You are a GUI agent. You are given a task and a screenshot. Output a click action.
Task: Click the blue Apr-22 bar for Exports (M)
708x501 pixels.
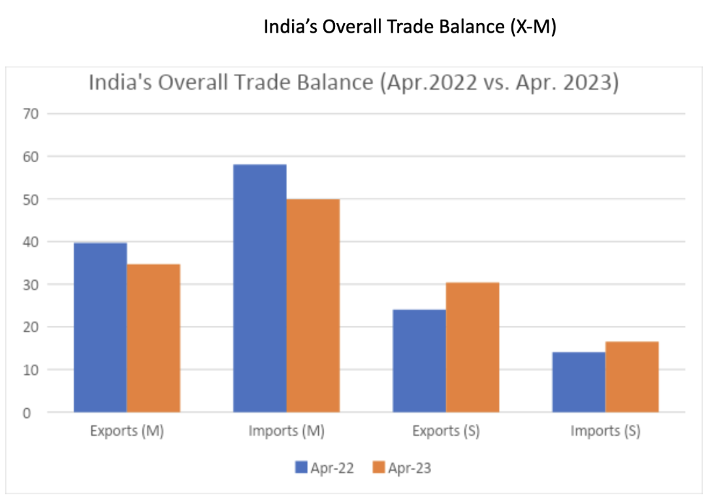[100, 327]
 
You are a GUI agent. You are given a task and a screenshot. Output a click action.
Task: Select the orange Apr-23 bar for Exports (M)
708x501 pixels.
[153, 338]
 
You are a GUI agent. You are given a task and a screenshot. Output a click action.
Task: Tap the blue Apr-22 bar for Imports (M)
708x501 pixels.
[260, 288]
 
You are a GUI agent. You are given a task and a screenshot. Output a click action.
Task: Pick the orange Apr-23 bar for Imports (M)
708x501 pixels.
[313, 305]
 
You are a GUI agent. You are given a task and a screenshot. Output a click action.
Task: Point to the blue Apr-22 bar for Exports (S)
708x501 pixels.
[419, 361]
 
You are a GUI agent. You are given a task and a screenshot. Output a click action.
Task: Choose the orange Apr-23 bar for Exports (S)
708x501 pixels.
[472, 347]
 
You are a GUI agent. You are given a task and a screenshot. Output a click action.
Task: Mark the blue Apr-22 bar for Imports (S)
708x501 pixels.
[579, 382]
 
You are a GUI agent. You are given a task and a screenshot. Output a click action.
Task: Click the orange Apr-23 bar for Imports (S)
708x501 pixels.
[632, 377]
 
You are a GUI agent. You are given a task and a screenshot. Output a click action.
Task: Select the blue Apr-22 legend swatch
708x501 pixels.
[301, 467]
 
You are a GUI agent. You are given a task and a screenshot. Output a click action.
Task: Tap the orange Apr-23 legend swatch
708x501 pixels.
[378, 467]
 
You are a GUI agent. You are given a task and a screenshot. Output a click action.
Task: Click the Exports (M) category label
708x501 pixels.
[127, 431]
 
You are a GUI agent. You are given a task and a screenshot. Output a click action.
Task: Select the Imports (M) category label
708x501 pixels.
[286, 431]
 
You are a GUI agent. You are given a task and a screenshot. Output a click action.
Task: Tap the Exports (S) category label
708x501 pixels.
[445, 431]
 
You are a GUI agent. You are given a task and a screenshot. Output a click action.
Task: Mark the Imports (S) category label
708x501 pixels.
[605, 431]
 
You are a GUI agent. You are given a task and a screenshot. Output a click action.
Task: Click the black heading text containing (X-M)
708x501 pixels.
[410, 27]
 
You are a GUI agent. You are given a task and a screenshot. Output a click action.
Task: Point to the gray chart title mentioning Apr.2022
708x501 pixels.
[353, 84]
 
